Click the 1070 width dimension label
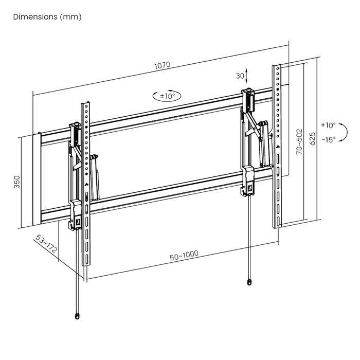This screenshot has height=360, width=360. coord(163,65)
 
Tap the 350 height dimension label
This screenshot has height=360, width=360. coord(17,182)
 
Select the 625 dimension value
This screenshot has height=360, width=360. coord(313,138)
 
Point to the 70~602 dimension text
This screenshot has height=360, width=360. coord(299,141)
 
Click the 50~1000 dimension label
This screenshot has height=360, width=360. coord(184,255)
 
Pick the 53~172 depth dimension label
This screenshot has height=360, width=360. coord(46,244)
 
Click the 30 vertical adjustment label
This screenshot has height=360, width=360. coord(240,76)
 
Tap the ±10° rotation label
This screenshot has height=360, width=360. coord(167,96)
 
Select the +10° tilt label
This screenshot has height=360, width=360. coord(328,125)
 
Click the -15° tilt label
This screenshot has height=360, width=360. coord(329,139)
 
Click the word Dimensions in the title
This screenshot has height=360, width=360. coord(35,17)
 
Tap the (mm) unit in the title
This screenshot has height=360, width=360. coord(71,17)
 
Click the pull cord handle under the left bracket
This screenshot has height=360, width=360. coord(77,316)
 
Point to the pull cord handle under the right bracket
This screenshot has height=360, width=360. coord(249,282)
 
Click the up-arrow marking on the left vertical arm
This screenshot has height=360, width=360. coord(86,184)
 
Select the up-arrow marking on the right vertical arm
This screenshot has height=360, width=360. coord(278,147)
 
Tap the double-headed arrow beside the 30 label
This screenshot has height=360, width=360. coord(246,76)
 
